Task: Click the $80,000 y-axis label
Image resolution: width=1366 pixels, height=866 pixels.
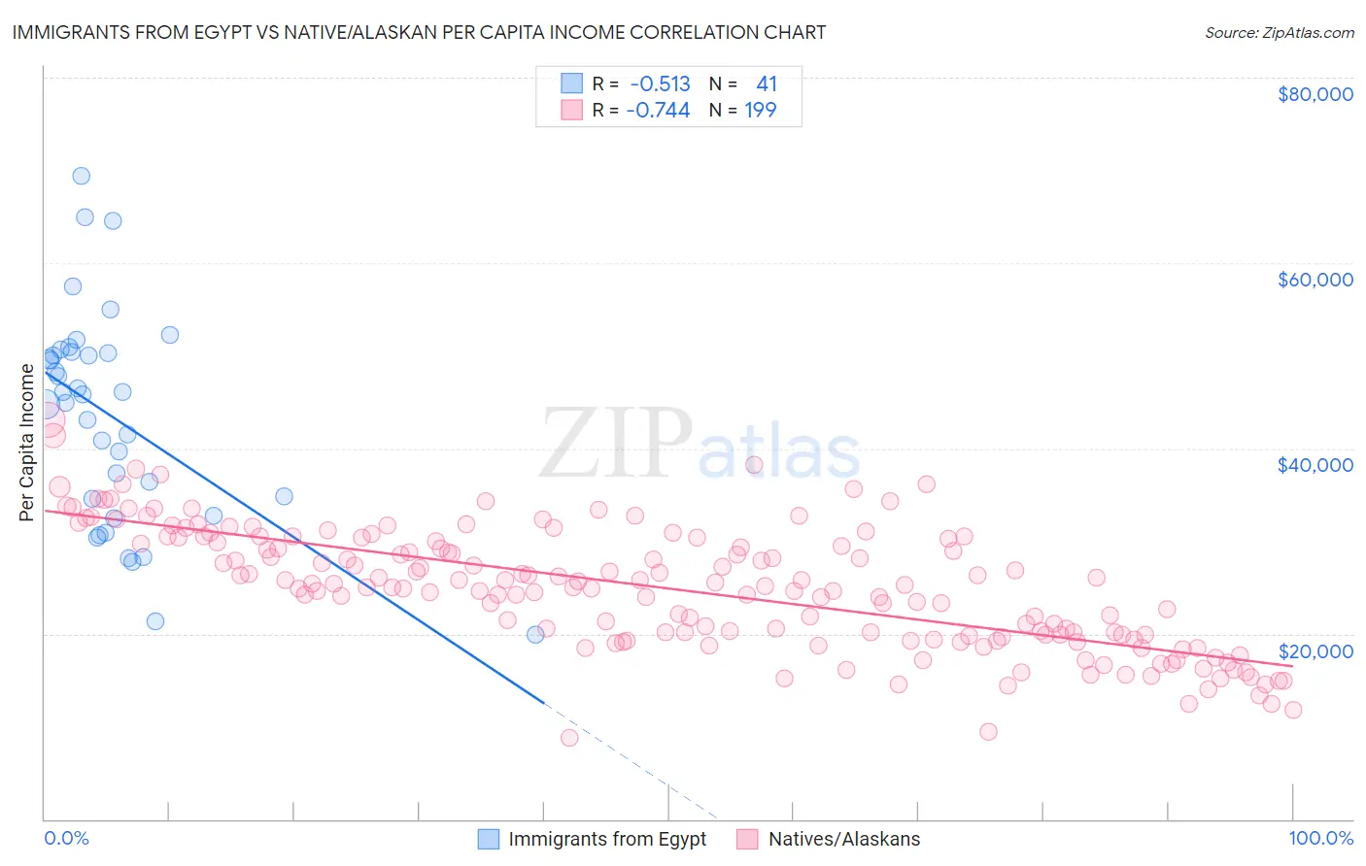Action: coord(1315,94)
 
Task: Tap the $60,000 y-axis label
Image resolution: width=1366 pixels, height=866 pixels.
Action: coord(1315,280)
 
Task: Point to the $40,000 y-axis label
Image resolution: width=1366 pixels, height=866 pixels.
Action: coord(1315,465)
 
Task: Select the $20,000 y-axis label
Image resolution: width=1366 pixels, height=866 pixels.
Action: coord(1315,650)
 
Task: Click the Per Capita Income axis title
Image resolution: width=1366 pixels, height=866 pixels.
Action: coord(27,442)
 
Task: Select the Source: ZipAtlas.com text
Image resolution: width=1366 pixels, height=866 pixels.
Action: coord(1279,33)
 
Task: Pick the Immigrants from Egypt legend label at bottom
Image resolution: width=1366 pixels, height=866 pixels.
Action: coord(607,840)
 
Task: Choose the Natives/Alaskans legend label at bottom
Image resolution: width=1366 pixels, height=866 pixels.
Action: coord(843,840)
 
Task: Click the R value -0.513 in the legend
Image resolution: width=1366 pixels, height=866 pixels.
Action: coord(660,84)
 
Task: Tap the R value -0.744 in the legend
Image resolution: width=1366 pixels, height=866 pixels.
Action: coord(658,111)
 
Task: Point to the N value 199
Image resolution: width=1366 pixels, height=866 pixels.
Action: coord(760,111)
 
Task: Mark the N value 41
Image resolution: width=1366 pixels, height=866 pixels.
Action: coord(766,84)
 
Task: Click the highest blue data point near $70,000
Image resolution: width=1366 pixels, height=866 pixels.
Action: coord(82,176)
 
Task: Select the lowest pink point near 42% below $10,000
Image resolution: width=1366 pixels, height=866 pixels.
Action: coord(569,738)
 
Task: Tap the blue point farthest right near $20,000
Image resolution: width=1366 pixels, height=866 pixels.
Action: coord(535,634)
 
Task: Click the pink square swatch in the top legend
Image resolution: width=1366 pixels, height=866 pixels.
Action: coord(571,111)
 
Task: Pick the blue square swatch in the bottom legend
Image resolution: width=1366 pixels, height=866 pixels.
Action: coord(489,840)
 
